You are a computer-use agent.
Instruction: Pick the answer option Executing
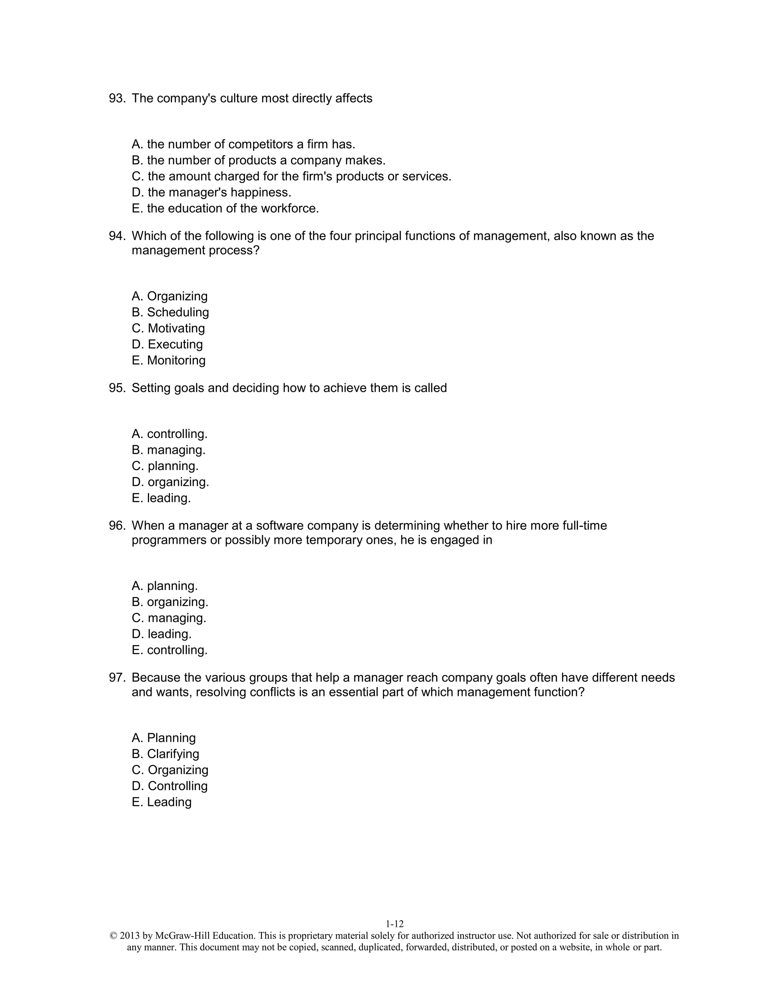pos(167,345)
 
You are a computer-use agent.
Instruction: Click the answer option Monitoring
pos(169,360)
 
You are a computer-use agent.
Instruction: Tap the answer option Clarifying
pos(165,754)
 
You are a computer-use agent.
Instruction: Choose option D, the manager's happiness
pos(211,192)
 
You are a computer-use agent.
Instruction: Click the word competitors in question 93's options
pos(261,144)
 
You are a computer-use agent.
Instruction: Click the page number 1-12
pos(395,924)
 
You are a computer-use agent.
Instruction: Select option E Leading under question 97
pos(161,802)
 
